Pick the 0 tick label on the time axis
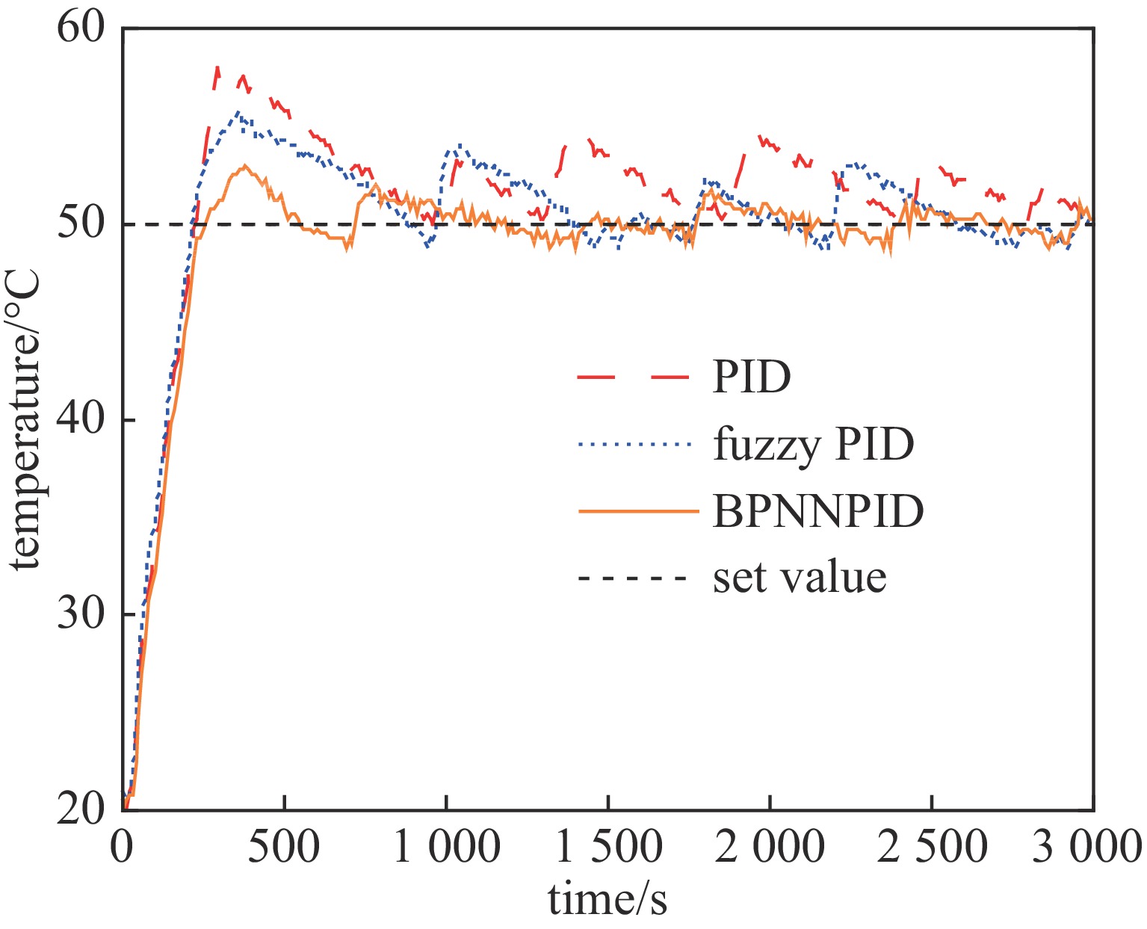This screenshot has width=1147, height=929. coord(123,848)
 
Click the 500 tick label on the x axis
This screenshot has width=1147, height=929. coord(285,848)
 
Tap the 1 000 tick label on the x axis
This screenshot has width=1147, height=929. coord(446,848)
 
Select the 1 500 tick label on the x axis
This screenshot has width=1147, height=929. coord(608,848)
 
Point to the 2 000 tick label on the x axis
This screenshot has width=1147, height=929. coord(770,848)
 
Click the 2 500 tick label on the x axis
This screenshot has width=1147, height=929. coord(932,848)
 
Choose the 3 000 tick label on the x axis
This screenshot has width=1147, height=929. coord(1087,848)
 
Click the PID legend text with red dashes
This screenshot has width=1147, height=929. coord(751,377)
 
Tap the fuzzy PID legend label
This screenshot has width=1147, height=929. coord(814,445)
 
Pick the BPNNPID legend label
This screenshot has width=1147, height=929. coord(818,512)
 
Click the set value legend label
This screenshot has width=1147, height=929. coord(800,578)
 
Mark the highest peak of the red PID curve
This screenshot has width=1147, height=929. coord(217,67)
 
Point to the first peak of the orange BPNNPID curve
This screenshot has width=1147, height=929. coord(244,165)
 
